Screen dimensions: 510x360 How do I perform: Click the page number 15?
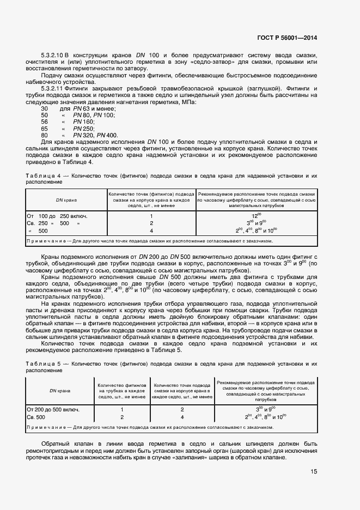click(x=314, y=472)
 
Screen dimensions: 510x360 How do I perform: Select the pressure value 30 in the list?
click(x=44, y=109)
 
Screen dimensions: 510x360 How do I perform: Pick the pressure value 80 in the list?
click(x=44, y=135)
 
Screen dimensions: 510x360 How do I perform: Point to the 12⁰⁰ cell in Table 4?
click(x=256, y=216)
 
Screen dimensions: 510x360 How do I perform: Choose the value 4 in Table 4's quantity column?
click(x=151, y=230)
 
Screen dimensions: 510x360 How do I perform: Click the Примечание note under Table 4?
click(x=150, y=240)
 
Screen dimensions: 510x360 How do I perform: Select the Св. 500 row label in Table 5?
click(x=38, y=417)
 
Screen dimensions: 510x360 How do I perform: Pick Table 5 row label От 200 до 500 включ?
click(x=56, y=409)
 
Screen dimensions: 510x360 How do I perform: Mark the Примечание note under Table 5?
click(x=150, y=428)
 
